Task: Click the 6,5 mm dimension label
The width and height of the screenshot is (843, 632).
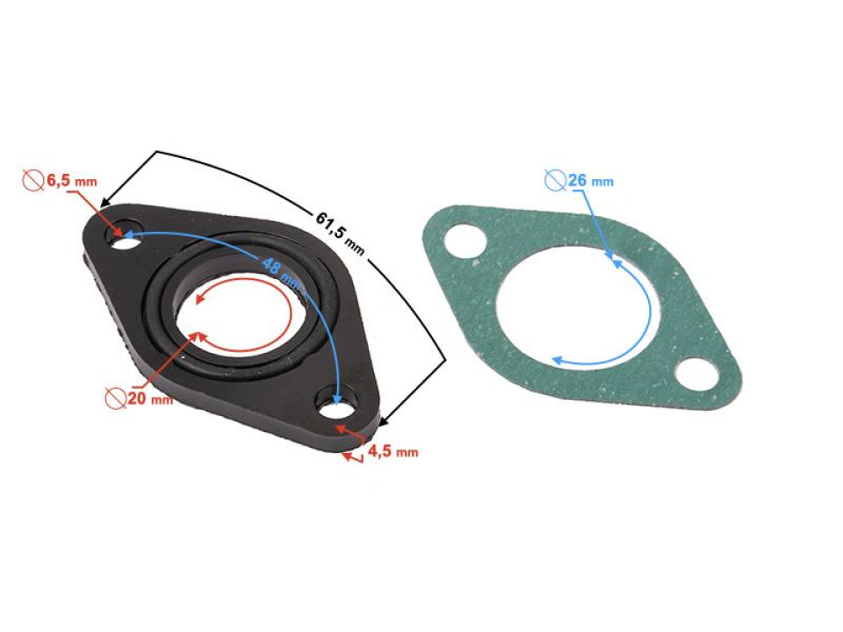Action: (70, 181)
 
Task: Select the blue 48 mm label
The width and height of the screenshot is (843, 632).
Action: (279, 267)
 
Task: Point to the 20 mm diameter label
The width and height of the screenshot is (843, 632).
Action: (148, 399)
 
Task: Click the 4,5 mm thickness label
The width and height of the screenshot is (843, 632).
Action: (393, 452)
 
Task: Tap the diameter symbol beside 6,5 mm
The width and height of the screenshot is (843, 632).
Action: (32, 181)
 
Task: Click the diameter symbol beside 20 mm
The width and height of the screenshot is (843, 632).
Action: (114, 399)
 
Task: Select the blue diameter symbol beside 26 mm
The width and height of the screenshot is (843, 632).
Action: (555, 181)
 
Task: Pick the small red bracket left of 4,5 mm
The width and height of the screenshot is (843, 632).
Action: (353, 456)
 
